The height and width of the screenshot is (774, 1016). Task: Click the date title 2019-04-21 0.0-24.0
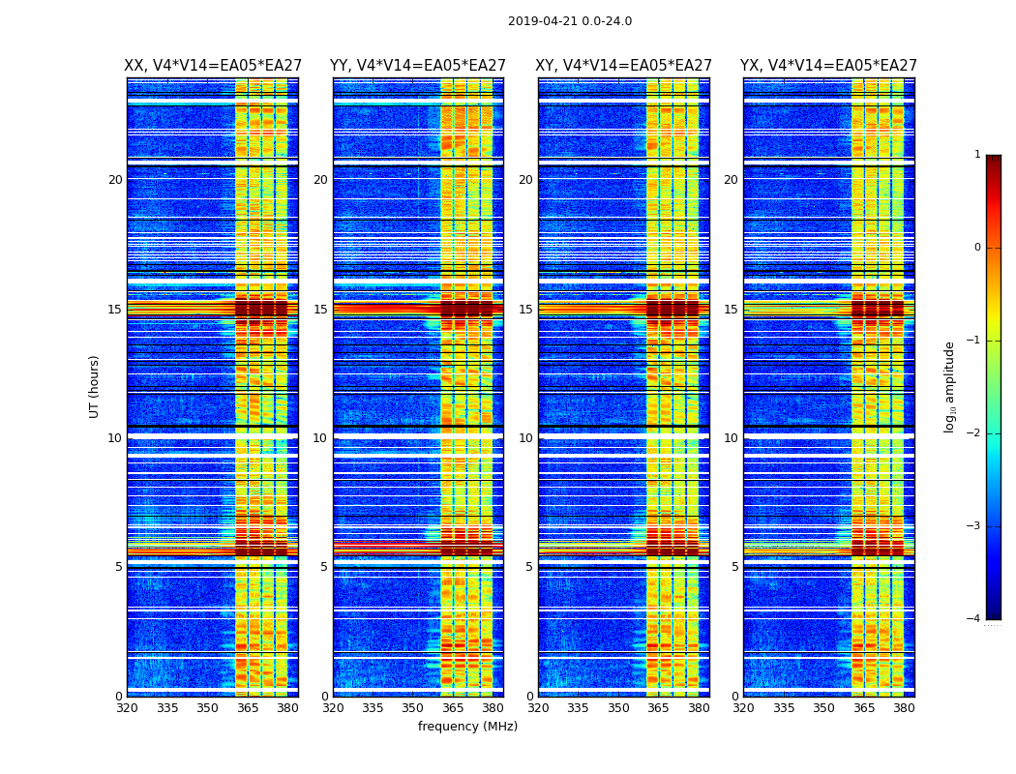570,21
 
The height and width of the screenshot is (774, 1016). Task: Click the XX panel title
213,66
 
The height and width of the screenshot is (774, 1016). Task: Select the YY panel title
418,66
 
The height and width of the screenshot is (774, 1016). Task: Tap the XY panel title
623,66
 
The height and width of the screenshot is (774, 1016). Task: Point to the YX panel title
828,66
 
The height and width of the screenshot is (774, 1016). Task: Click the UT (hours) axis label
95,386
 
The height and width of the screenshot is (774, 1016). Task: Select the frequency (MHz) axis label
467,727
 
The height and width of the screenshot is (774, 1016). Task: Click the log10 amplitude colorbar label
950,386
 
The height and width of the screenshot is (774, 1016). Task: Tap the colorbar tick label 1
977,155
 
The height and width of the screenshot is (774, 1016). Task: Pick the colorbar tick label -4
974,619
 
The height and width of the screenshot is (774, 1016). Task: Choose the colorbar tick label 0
977,248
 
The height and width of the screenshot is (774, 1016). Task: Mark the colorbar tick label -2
974,433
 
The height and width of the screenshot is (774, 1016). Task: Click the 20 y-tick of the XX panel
115,180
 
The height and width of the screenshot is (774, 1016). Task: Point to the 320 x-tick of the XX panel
127,708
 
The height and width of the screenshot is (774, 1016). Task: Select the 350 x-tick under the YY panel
413,708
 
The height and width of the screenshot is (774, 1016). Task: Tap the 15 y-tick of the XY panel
525,310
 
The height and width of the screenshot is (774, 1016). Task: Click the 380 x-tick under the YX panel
904,708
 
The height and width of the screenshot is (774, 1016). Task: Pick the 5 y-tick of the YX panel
734,567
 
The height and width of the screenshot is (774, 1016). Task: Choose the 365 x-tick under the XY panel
659,708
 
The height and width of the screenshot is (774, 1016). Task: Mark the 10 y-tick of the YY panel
320,438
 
